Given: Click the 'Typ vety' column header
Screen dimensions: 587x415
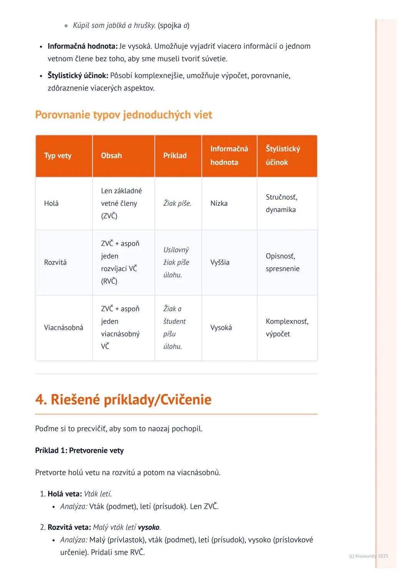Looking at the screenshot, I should [58, 156].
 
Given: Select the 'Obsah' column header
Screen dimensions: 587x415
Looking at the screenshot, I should [111, 156].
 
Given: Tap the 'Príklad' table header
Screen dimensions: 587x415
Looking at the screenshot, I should [175, 156].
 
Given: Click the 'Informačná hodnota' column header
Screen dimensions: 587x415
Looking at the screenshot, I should [229, 156].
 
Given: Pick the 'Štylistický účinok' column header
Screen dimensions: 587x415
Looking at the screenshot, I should [283, 156].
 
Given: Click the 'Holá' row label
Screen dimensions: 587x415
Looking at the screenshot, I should [51, 204].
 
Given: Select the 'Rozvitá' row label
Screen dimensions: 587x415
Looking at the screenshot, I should [55, 262].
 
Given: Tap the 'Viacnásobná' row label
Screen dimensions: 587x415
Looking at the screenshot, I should [63, 328].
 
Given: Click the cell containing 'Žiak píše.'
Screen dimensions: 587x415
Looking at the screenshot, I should [177, 204].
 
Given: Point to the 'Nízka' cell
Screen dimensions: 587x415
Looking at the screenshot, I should [219, 204].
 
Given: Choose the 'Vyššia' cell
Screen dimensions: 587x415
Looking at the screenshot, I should [220, 262].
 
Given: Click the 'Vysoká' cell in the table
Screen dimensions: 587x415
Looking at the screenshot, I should [221, 328].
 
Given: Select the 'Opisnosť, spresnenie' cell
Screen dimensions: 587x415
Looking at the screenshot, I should [282, 262].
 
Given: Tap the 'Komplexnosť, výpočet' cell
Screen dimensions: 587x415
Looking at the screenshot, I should [287, 328].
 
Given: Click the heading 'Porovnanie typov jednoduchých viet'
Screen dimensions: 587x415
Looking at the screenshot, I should [123, 115].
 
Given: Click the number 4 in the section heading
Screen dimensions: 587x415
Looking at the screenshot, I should [40, 400].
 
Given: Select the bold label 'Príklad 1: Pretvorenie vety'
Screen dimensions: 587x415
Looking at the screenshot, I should [79, 451].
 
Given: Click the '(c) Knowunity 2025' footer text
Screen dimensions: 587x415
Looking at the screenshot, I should [369, 556].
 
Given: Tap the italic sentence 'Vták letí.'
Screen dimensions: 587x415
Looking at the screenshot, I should [98, 494].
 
